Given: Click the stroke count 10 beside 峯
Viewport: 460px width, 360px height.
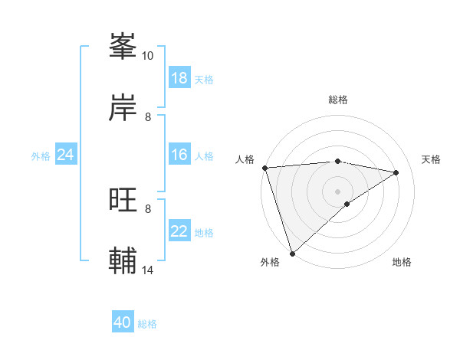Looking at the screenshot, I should click(148, 55).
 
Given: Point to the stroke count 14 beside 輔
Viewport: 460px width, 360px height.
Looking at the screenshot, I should click(148, 270).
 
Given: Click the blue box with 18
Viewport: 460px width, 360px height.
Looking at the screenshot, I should click(179, 78).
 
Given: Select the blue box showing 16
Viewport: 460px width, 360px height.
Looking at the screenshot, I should click(179, 155).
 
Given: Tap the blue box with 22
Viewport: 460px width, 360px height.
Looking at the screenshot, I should click(179, 232).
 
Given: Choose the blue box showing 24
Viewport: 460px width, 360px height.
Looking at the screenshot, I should click(66, 155).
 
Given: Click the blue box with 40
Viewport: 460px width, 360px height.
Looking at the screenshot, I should click(123, 323).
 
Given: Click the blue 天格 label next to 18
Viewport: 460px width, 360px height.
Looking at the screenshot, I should click(204, 79).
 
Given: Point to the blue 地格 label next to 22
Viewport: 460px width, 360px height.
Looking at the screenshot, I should click(204, 233).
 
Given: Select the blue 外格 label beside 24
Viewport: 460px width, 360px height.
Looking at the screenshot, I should click(41, 156).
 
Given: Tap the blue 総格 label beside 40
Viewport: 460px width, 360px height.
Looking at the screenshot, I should click(147, 324).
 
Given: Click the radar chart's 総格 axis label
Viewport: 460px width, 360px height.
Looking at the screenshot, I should click(338, 100).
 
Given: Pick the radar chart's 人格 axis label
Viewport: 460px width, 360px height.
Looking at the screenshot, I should click(245, 159).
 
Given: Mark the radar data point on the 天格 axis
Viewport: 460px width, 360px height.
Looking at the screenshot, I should click(396, 172).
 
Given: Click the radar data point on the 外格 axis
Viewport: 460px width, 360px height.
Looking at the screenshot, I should click(292, 254).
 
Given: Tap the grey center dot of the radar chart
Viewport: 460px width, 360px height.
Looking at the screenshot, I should click(338, 191).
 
